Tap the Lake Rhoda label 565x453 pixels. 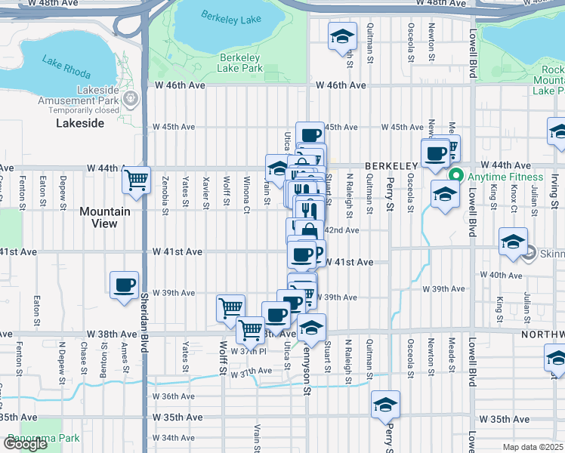[x=66, y=68]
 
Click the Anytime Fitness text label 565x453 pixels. [x=505, y=177]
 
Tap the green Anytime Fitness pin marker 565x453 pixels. [x=455, y=177]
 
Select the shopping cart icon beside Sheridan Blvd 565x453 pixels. [x=136, y=180]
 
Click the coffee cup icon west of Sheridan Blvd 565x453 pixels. [x=125, y=285]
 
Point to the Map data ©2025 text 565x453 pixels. [x=533, y=447]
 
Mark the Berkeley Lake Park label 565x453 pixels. [x=240, y=63]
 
